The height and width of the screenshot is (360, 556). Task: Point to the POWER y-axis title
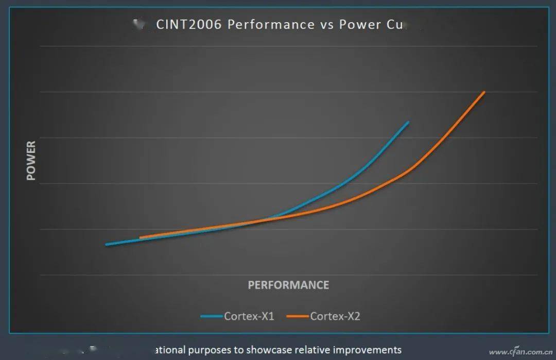point(31,161)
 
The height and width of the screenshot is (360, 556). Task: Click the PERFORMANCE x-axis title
point(288,285)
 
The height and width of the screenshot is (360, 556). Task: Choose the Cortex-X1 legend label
point(249,316)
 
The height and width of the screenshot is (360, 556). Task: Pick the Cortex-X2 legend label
point(335,316)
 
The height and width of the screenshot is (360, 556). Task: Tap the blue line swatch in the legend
point(212,316)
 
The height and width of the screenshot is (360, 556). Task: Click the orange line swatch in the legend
point(298,316)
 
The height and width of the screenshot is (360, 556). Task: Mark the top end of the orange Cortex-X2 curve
point(484,92)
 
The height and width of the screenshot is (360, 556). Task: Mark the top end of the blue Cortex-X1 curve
point(408,122)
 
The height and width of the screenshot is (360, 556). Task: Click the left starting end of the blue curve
point(107,245)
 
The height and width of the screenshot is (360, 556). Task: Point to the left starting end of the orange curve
point(141,238)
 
